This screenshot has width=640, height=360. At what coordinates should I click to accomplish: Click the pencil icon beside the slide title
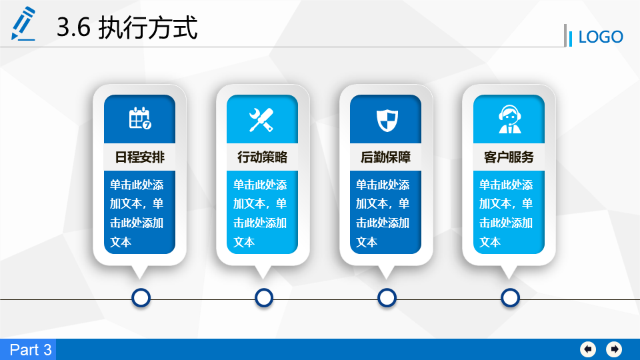23,23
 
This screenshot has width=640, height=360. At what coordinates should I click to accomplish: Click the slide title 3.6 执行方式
127,27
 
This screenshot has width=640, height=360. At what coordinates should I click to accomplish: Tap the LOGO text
601,37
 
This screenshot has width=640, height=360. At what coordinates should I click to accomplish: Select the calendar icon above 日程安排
140,119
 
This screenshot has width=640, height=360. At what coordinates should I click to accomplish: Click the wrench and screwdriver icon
261,120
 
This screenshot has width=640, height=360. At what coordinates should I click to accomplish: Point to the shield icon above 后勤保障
387,120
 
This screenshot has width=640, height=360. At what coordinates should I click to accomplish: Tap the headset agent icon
509,119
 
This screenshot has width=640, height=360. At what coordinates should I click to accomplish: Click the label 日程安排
139,157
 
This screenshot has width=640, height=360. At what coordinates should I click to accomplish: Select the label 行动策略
263,157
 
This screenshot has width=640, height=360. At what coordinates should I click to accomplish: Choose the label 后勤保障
386,157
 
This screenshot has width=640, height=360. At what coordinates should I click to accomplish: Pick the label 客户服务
509,157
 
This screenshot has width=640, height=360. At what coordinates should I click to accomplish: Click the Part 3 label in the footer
31,350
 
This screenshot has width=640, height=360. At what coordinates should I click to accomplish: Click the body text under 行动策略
260,213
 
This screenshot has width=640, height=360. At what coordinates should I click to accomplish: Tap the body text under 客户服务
506,213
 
